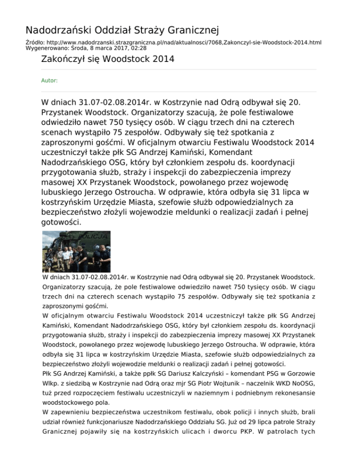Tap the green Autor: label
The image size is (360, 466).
50,81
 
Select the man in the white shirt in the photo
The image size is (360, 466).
66,256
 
